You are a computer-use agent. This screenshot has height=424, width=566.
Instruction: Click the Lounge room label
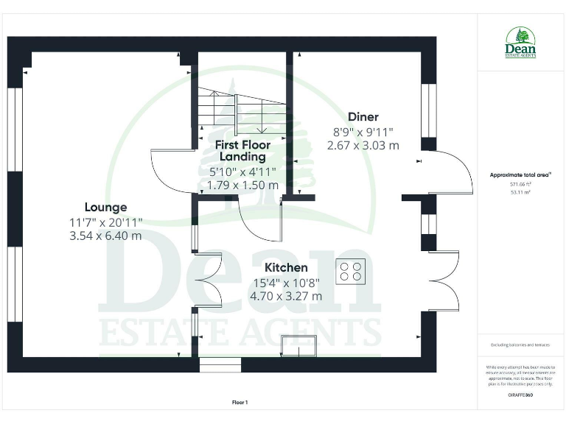(x=105, y=208)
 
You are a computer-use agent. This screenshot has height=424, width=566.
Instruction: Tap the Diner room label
(x=363, y=117)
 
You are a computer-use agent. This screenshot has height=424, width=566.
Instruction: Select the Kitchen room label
(x=286, y=267)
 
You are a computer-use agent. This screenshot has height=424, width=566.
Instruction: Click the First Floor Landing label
(x=242, y=151)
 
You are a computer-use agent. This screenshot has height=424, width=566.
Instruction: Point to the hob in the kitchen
(x=351, y=272)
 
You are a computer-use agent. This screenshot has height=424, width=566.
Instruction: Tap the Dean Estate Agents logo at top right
(x=520, y=43)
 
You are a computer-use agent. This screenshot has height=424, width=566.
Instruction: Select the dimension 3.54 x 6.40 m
(x=105, y=236)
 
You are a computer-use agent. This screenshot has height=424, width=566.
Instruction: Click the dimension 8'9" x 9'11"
(x=363, y=132)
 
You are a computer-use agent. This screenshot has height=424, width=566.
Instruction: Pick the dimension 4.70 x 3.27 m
(x=286, y=296)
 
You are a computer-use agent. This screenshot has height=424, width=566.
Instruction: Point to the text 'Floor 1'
(x=240, y=403)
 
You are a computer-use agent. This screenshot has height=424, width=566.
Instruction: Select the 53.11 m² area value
(x=520, y=192)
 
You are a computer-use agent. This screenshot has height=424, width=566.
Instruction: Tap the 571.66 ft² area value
(x=520, y=184)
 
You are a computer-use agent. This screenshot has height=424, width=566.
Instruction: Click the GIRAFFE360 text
(x=520, y=395)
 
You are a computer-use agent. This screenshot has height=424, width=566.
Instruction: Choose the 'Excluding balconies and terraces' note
(x=520, y=344)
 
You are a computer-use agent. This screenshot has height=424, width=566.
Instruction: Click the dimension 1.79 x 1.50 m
(x=242, y=185)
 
